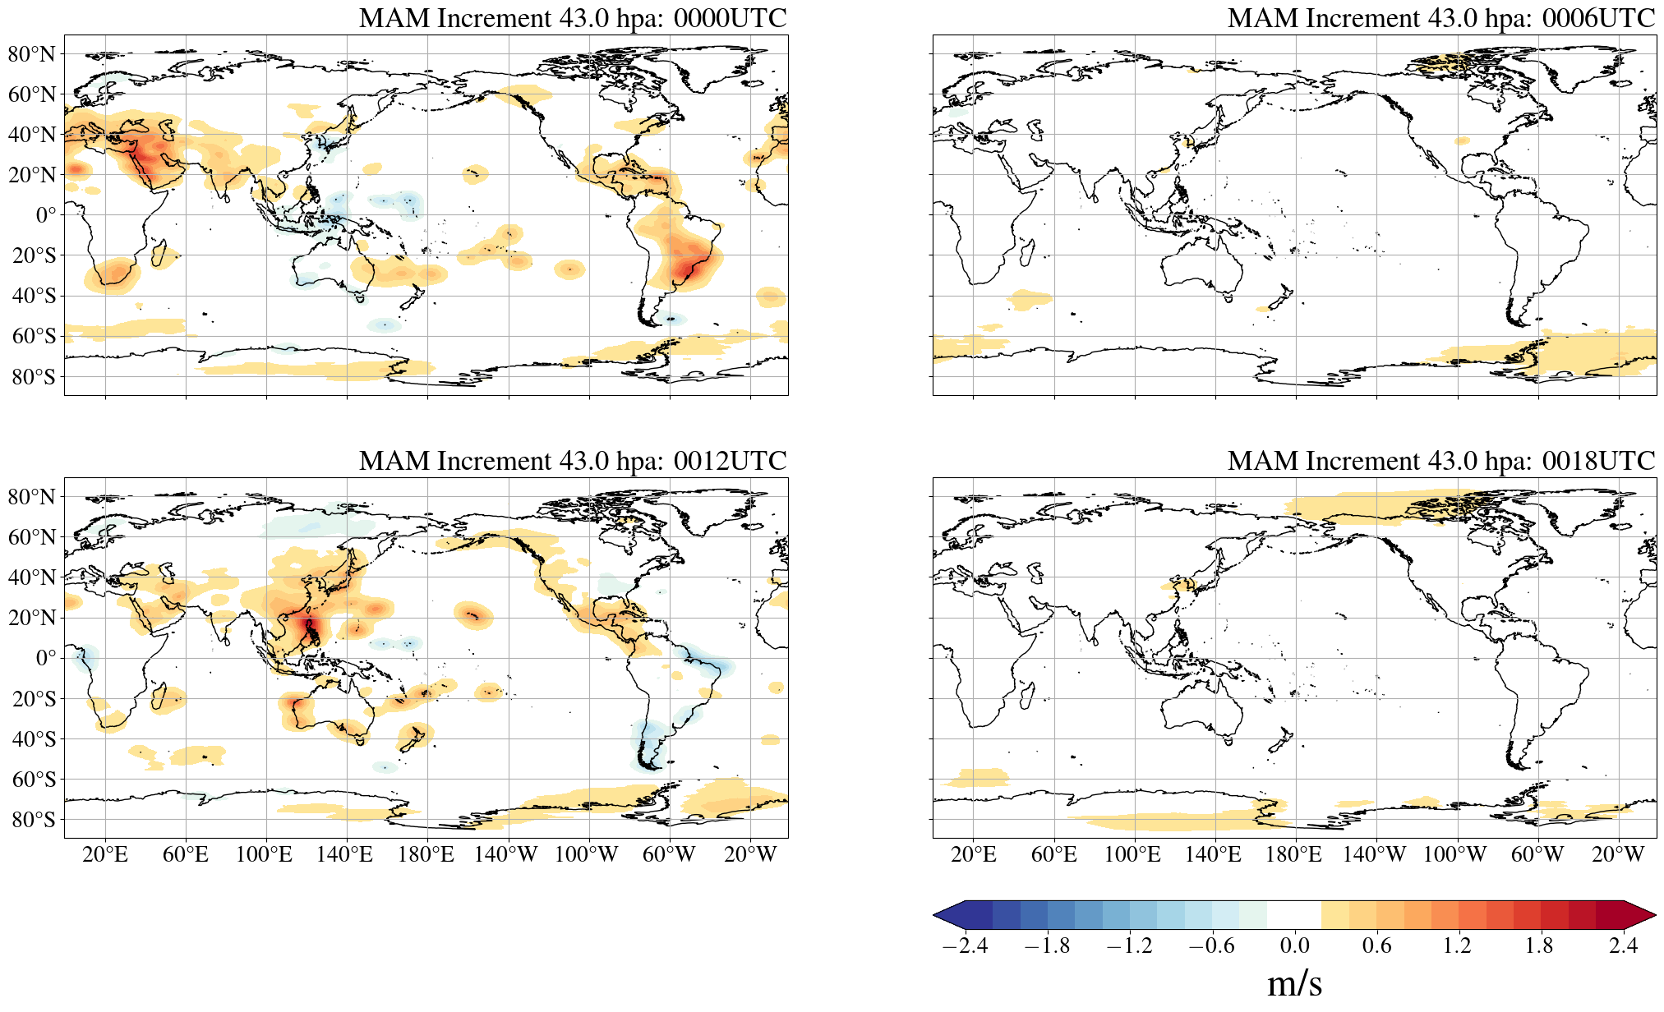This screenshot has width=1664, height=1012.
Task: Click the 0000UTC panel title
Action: click(x=573, y=18)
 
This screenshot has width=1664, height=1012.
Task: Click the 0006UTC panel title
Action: click(x=1441, y=18)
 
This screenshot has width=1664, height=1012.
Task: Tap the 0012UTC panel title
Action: click(x=573, y=461)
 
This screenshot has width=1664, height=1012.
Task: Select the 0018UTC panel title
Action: click(x=1441, y=461)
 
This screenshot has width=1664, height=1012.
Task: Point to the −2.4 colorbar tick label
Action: click(x=965, y=945)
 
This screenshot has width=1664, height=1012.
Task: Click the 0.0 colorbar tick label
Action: click(x=1294, y=945)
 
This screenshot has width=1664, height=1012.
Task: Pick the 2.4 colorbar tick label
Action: click(x=1623, y=945)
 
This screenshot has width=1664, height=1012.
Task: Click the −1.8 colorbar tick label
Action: click(x=1047, y=945)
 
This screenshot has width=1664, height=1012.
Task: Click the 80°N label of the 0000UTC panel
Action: click(x=32, y=54)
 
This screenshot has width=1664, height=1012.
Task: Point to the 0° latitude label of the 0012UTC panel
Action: click(x=46, y=658)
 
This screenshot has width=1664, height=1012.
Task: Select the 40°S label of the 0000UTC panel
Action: click(x=34, y=296)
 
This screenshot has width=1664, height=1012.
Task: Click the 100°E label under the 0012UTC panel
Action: click(x=264, y=855)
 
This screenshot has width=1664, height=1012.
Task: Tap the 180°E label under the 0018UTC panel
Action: click(x=1293, y=855)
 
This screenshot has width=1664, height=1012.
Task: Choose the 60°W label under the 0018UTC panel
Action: click(x=1537, y=855)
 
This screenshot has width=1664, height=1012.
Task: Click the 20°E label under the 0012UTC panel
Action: click(x=105, y=855)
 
